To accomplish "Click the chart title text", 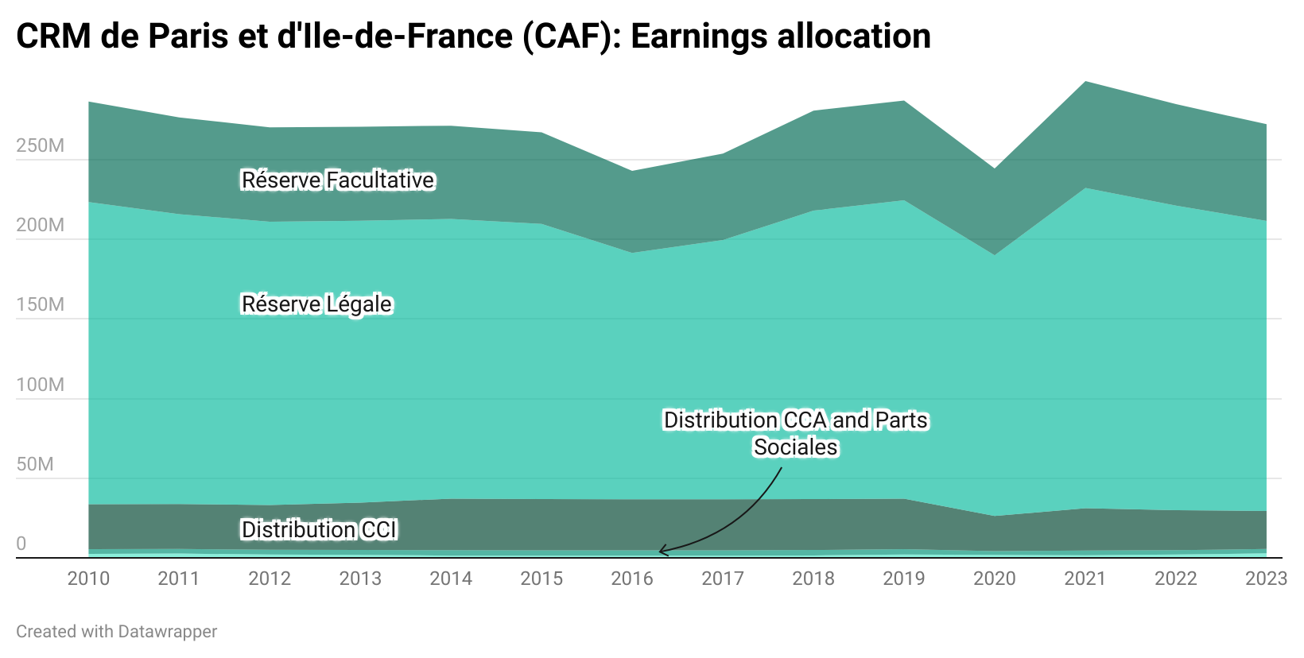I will click(x=473, y=37).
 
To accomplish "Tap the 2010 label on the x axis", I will click(x=88, y=579).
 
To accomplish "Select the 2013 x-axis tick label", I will click(x=360, y=579).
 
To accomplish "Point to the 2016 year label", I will click(x=632, y=579).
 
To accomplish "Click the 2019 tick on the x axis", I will click(x=904, y=579).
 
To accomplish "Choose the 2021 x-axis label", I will click(x=1085, y=579).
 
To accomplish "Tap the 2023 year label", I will click(x=1266, y=579).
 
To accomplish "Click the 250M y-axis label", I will click(x=40, y=145).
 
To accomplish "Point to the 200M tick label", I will click(x=40, y=225).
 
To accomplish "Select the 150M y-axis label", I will click(x=40, y=304).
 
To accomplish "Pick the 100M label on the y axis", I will click(x=40, y=385).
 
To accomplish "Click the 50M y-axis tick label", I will click(x=35, y=464).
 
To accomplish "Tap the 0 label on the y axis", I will click(x=21, y=544).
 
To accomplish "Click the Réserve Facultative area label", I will click(x=338, y=180).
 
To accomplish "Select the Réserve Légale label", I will click(x=316, y=304).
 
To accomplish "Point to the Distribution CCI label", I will click(x=319, y=529).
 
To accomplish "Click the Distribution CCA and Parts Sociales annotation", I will click(x=796, y=433).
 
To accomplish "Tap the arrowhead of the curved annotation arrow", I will click(x=662, y=551).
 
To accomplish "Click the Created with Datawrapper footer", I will click(x=116, y=632).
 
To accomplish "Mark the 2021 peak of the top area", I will click(x=1085, y=82).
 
